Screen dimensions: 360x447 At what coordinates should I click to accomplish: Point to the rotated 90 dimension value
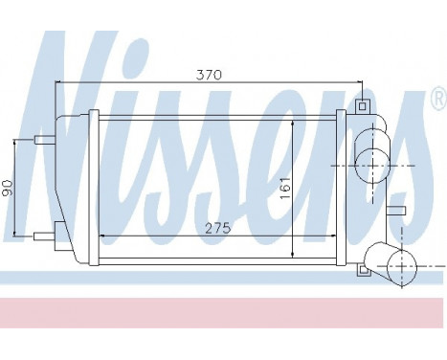coord(9,188)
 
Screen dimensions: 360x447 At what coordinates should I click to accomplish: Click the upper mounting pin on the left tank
coord(43,140)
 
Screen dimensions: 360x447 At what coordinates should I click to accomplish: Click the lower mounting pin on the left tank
coord(41,235)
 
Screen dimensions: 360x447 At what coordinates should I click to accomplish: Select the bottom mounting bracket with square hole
coord(362,270)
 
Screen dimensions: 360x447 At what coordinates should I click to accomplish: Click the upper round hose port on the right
coord(372,156)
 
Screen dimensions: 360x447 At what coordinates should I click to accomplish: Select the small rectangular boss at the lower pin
coord(59,229)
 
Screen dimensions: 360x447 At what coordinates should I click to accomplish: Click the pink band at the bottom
coord(223,312)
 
